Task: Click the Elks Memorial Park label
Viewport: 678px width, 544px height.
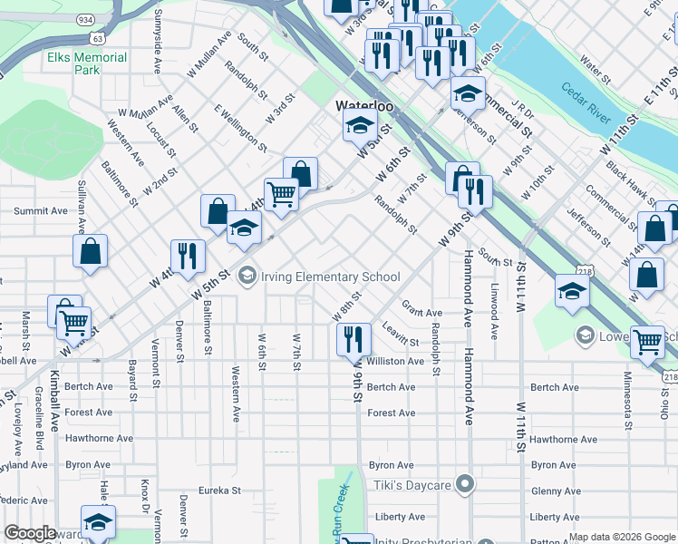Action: click(87, 63)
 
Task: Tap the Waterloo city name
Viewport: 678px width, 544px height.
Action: click(365, 106)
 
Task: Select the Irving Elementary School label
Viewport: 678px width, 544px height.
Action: click(330, 277)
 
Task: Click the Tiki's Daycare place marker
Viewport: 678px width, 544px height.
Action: click(465, 485)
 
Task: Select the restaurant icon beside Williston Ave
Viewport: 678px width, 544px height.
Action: click(354, 339)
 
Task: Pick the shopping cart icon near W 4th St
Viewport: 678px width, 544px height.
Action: click(281, 193)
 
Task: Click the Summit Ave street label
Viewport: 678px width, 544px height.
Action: click(40, 211)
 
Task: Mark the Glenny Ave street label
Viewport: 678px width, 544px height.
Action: click(556, 491)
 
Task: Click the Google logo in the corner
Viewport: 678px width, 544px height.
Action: click(30, 533)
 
